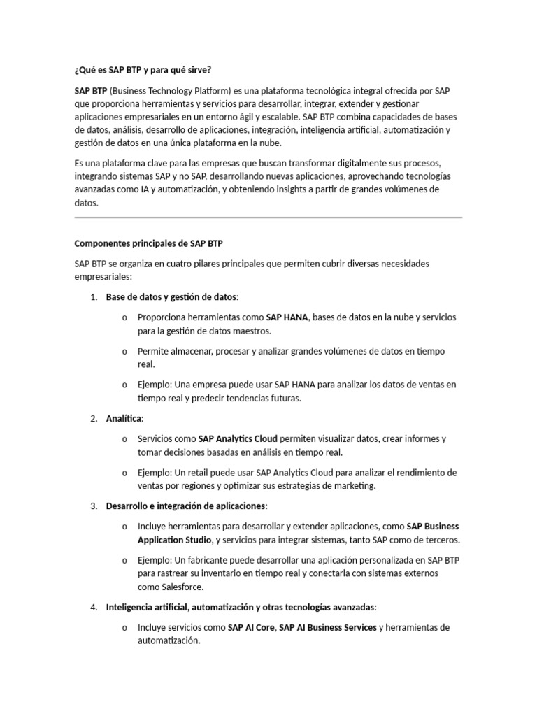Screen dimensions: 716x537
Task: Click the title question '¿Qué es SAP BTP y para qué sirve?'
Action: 142,71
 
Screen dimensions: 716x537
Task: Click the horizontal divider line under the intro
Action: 268,217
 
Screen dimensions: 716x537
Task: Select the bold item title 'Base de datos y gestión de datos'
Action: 171,297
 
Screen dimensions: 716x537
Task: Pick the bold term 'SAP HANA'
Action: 287,317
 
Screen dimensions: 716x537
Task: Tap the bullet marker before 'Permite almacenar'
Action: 124,351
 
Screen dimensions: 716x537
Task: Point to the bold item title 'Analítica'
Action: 124,418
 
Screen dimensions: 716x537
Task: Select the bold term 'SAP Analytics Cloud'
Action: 238,438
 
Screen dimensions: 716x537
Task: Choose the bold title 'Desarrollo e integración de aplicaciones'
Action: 186,506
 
